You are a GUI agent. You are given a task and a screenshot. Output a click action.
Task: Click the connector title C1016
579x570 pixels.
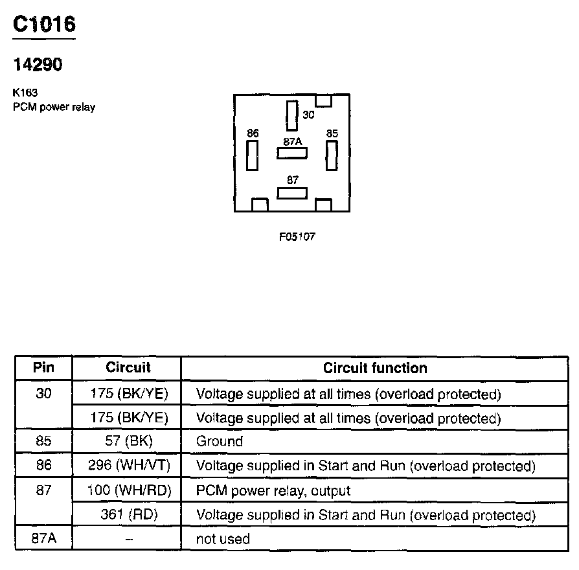click(x=45, y=25)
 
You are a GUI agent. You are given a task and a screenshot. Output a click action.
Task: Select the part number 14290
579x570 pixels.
click(x=38, y=65)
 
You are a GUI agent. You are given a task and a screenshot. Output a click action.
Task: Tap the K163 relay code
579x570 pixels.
click(x=25, y=93)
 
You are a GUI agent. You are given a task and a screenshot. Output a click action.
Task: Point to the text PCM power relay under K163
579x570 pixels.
click(x=54, y=107)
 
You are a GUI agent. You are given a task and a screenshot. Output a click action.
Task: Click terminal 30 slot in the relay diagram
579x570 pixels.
click(x=291, y=115)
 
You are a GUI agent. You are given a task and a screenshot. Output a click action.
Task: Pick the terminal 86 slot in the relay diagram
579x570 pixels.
click(x=253, y=155)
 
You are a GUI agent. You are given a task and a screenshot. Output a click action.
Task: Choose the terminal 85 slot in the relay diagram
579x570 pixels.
click(x=332, y=155)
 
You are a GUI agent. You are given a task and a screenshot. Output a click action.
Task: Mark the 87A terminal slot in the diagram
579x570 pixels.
click(x=292, y=154)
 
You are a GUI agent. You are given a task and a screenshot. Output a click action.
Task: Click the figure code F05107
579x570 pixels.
click(x=297, y=236)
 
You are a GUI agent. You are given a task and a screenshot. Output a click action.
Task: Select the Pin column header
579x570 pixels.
click(x=43, y=368)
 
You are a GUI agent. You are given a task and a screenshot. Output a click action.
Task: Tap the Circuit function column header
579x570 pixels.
click(x=375, y=368)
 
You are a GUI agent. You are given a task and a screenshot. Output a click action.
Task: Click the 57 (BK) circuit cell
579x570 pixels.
click(x=127, y=442)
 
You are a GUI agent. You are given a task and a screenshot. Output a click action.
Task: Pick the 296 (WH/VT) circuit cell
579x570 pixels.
click(x=127, y=466)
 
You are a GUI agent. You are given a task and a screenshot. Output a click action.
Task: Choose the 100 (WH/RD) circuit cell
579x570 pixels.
click(x=127, y=491)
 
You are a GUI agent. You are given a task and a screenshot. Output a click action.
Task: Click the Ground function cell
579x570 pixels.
click(x=220, y=442)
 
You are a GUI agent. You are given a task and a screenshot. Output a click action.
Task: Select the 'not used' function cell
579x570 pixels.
click(x=223, y=539)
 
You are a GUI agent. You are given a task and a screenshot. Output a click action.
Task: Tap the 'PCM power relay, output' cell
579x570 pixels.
click(x=273, y=491)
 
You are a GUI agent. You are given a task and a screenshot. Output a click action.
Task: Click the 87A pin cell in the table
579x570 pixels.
click(x=43, y=539)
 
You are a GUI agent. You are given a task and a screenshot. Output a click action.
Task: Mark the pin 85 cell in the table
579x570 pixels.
click(x=43, y=442)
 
